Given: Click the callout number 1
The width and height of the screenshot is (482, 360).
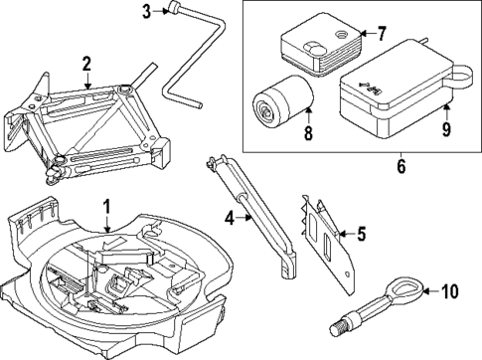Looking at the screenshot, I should tap(107, 207).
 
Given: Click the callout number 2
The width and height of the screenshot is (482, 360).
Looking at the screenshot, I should tap(87, 65).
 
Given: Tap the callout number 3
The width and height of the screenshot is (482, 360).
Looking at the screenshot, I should tap(146, 12).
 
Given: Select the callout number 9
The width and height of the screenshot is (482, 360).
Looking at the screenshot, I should tap(445, 127).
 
